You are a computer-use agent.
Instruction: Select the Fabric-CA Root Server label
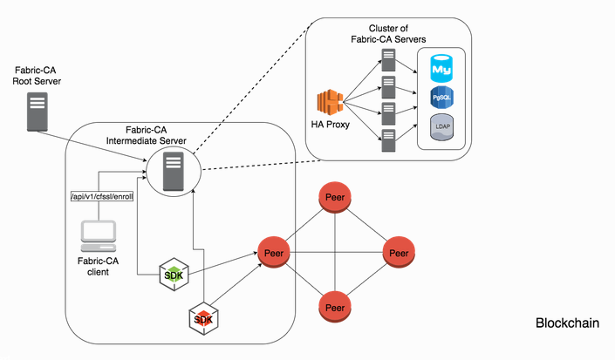coord(37,75)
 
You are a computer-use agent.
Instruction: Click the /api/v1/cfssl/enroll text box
coord(100,198)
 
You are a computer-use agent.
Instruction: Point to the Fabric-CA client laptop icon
coord(98,234)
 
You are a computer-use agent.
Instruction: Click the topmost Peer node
coord(335,198)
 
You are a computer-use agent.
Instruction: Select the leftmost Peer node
coord(272,253)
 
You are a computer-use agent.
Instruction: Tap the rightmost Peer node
coord(399,253)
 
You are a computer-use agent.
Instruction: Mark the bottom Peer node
coord(335,308)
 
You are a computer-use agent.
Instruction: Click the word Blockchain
coord(566,323)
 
